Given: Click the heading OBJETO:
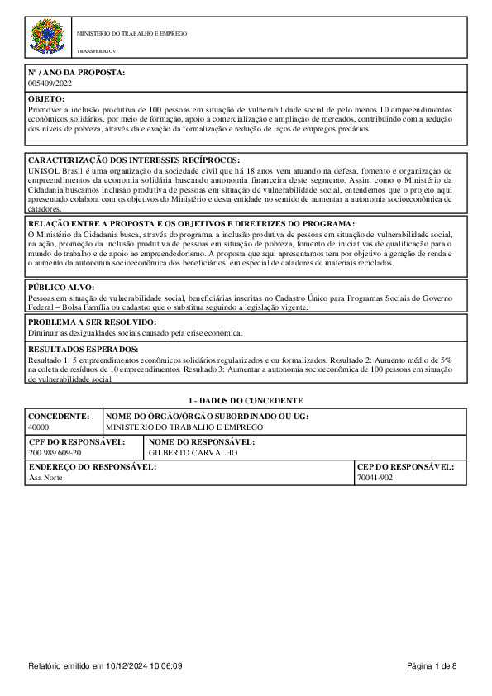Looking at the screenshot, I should coord(46,99).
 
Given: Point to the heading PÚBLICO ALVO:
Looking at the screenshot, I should coord(61,287).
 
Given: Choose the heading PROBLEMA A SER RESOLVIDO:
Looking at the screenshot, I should coord(92,322).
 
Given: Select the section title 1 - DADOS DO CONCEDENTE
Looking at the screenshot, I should coord(246,401).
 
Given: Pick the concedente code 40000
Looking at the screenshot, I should coord(39,427).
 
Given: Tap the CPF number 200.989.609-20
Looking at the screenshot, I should coord(55,453).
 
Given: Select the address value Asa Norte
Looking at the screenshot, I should coord(45,478).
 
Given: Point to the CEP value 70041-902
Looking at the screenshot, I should coord(375,478).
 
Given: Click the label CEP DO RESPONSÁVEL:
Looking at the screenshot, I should coord(405,467).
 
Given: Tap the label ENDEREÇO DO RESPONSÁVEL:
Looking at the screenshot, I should coord(93,467).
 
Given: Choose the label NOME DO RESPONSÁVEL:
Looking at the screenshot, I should coord(202,442).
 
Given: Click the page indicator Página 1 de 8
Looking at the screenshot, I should coord(432,665).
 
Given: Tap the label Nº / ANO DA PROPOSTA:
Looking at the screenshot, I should coord(76,73).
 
